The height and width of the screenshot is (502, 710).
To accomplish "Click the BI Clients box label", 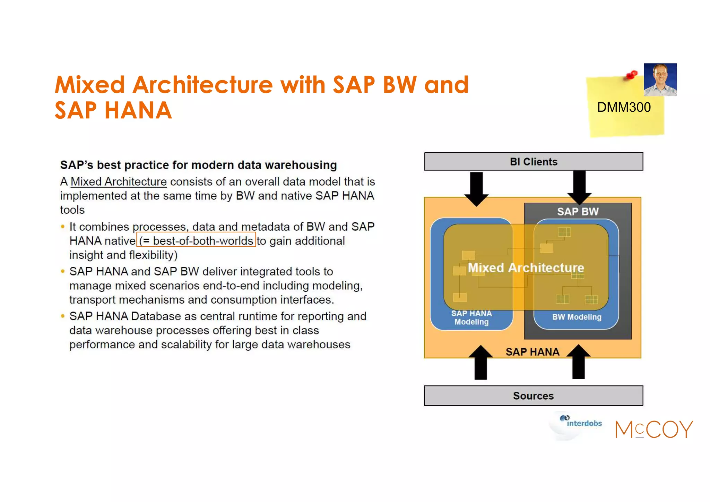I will point(533,162).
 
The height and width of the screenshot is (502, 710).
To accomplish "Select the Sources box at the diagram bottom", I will point(533,396).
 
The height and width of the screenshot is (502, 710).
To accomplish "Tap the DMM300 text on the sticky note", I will point(624,108).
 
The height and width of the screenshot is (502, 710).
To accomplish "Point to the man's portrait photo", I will point(660,79).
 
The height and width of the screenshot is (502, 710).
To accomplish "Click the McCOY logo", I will point(654,429).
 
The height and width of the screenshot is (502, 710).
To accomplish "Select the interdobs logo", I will point(581,423).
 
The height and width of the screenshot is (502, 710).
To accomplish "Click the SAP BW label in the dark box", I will point(578,212).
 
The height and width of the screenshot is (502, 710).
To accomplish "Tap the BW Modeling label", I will point(577,317).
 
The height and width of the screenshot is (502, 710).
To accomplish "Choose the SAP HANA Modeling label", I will point(471,317).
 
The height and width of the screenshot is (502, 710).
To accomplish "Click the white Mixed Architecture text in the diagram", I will point(526,268).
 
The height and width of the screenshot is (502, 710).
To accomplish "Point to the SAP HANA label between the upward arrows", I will point(532,352).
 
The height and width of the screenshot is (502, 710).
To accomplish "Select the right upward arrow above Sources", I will point(578,363).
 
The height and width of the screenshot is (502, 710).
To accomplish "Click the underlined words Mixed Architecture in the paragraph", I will point(119,182).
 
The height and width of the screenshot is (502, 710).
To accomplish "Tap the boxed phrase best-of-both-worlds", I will point(196,240).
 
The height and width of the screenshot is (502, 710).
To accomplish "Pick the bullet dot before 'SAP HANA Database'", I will point(63,316).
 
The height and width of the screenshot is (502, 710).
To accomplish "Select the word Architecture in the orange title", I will point(203,85).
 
